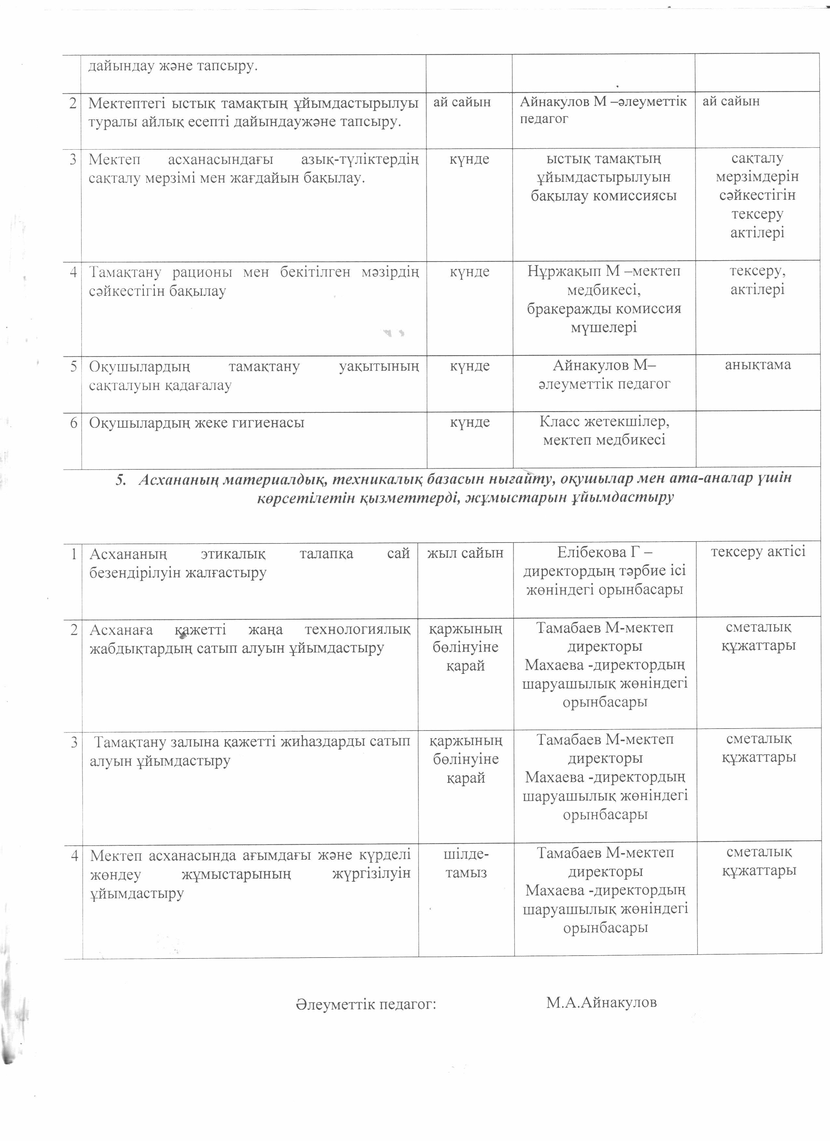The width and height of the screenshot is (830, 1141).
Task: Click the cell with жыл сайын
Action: coord(465,553)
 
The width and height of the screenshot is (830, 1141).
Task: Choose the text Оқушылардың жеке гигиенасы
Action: coord(197,423)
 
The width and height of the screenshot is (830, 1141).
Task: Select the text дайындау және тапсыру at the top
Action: coord(173,66)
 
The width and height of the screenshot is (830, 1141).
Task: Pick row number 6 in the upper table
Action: coord(74,423)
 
